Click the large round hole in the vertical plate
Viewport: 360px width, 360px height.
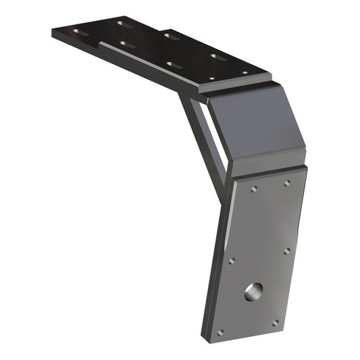coord(253,292)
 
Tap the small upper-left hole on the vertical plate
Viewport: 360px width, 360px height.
coord(253,190)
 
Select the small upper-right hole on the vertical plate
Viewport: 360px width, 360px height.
coord(287,183)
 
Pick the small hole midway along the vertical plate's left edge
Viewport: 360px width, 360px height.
coord(232,260)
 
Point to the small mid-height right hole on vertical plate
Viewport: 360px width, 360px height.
coord(287,251)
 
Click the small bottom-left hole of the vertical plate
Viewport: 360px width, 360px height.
coord(221,332)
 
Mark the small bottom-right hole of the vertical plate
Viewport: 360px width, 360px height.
coord(275,323)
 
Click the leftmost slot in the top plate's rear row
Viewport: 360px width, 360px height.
coord(124,24)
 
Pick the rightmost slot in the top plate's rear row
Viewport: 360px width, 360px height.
coord(217,56)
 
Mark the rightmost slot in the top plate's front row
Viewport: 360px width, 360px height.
coord(174,65)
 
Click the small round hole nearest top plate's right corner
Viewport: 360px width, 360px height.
coord(245,72)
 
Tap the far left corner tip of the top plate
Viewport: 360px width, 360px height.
coord(52,30)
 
